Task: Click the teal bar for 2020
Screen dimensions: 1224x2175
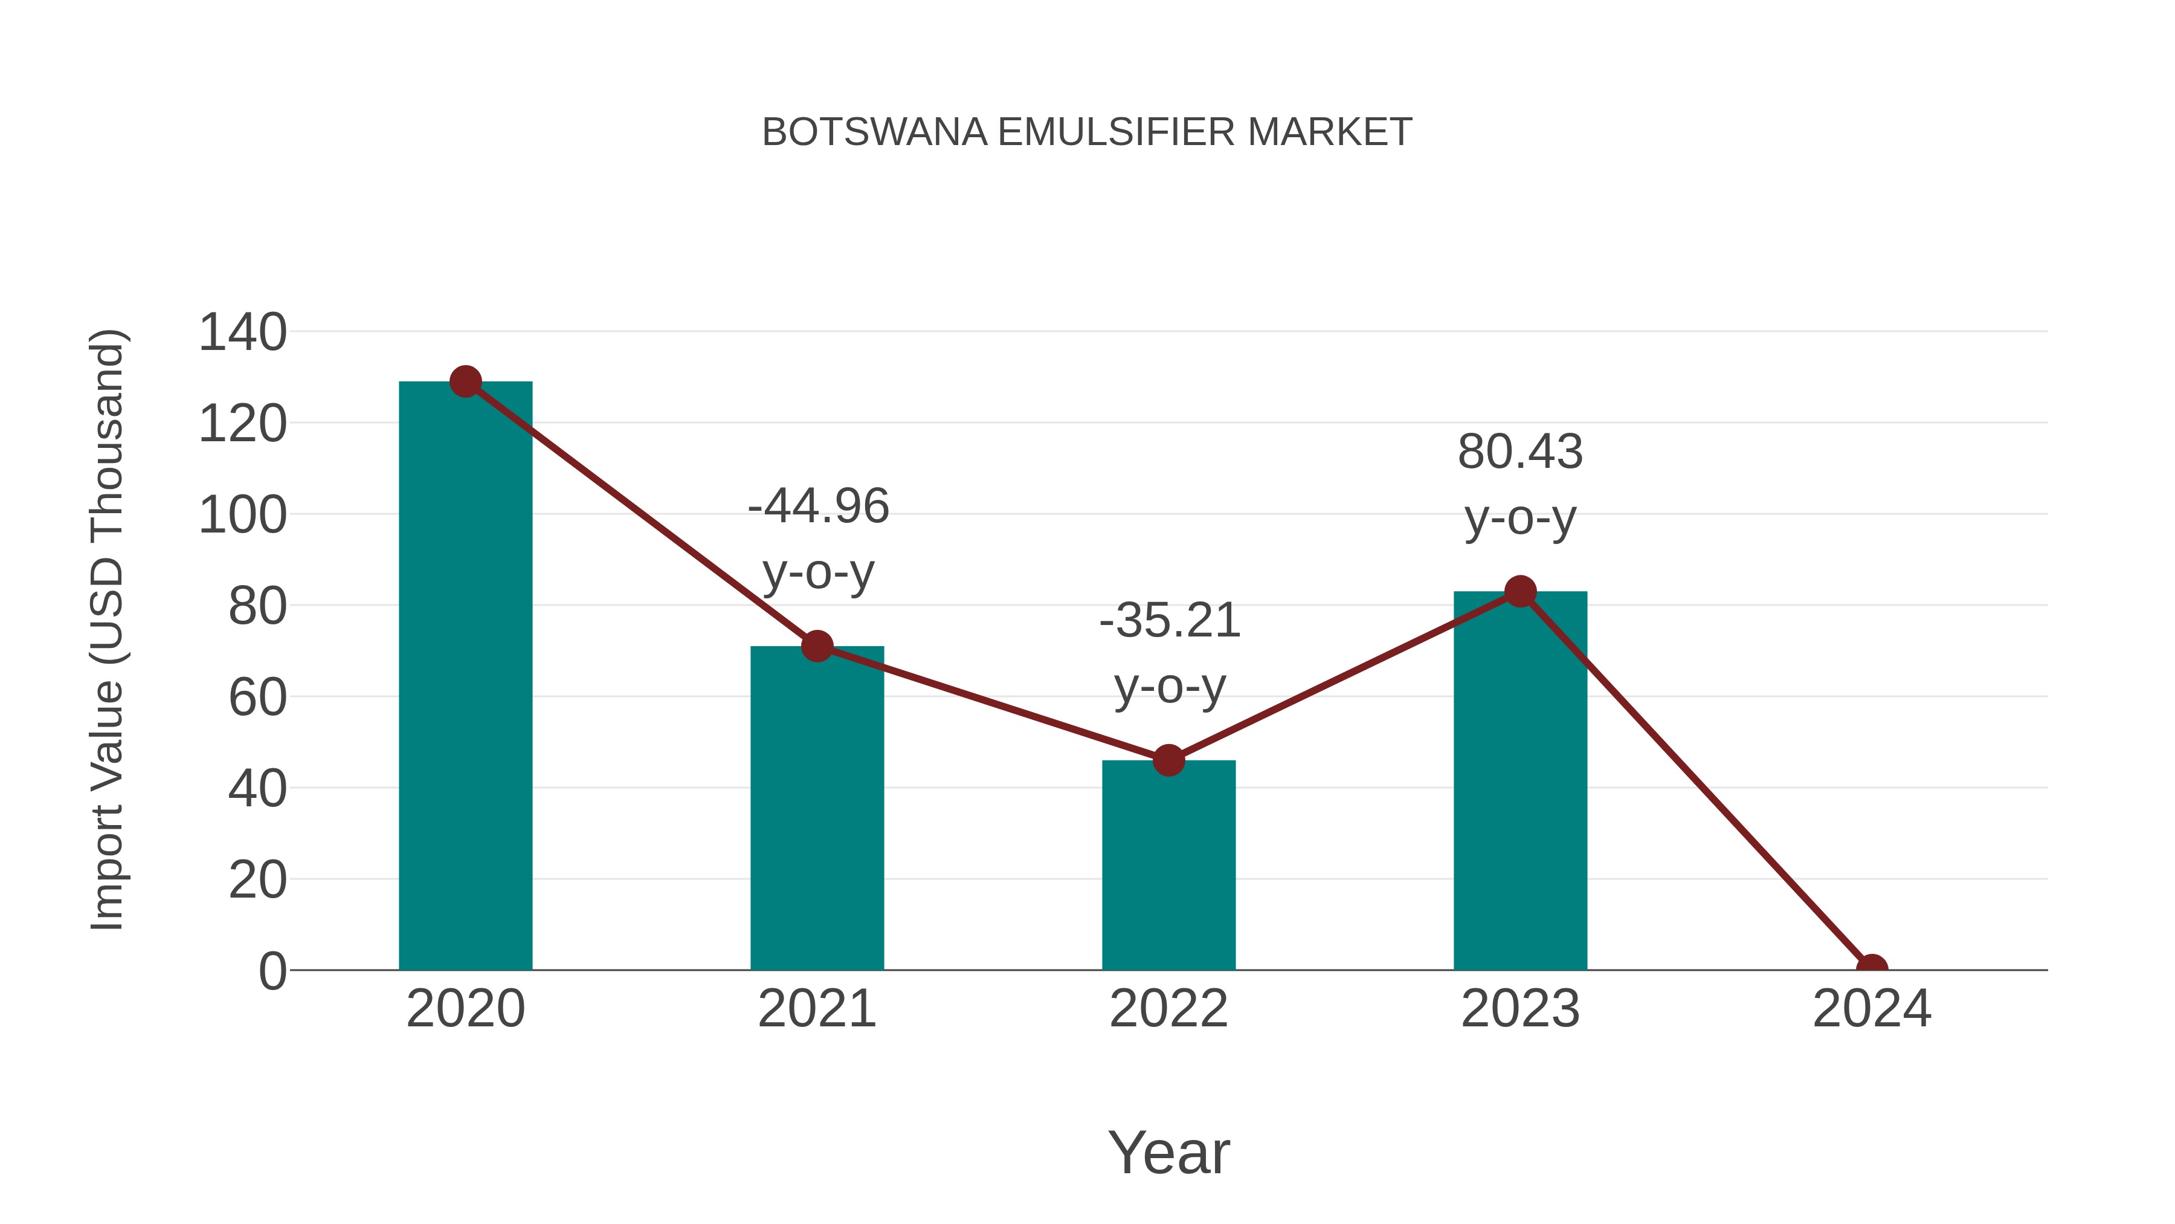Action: point(465,676)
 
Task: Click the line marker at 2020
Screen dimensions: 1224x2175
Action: point(465,382)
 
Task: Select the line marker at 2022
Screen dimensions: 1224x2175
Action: point(1168,760)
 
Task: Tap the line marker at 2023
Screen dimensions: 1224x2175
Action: point(1520,591)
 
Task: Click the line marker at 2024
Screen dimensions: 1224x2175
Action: point(1871,968)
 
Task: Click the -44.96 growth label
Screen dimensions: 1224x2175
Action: point(818,507)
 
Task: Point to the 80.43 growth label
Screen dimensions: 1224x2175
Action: point(1520,452)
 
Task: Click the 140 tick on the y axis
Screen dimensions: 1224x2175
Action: point(242,332)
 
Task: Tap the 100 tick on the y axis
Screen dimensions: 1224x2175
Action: point(242,515)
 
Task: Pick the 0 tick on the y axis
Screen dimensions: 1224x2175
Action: point(272,971)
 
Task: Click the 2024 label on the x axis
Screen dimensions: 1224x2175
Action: point(1871,1009)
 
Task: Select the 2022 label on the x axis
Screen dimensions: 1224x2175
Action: point(1168,1009)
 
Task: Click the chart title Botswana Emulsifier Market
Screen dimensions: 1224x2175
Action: point(1087,132)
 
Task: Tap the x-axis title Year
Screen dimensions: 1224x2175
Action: point(1168,1152)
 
